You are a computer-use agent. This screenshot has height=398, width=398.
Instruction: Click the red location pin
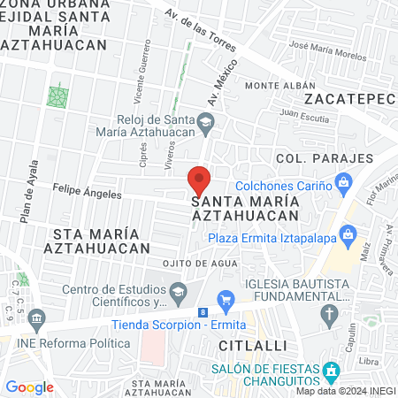click(x=199, y=180)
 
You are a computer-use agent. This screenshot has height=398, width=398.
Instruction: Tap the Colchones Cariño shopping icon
click(x=345, y=186)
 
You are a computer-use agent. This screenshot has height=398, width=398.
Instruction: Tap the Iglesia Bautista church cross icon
click(x=330, y=312)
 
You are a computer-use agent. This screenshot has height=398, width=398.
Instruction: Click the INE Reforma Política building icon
click(x=36, y=317)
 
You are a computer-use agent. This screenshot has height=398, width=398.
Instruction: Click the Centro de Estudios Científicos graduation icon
click(x=179, y=290)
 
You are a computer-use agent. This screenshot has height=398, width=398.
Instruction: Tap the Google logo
click(x=29, y=387)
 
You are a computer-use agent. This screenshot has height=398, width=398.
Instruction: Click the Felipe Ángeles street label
click(x=87, y=188)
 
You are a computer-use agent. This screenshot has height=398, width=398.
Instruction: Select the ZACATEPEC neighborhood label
click(x=348, y=97)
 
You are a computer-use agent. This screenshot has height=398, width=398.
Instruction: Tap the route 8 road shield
click(x=203, y=312)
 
